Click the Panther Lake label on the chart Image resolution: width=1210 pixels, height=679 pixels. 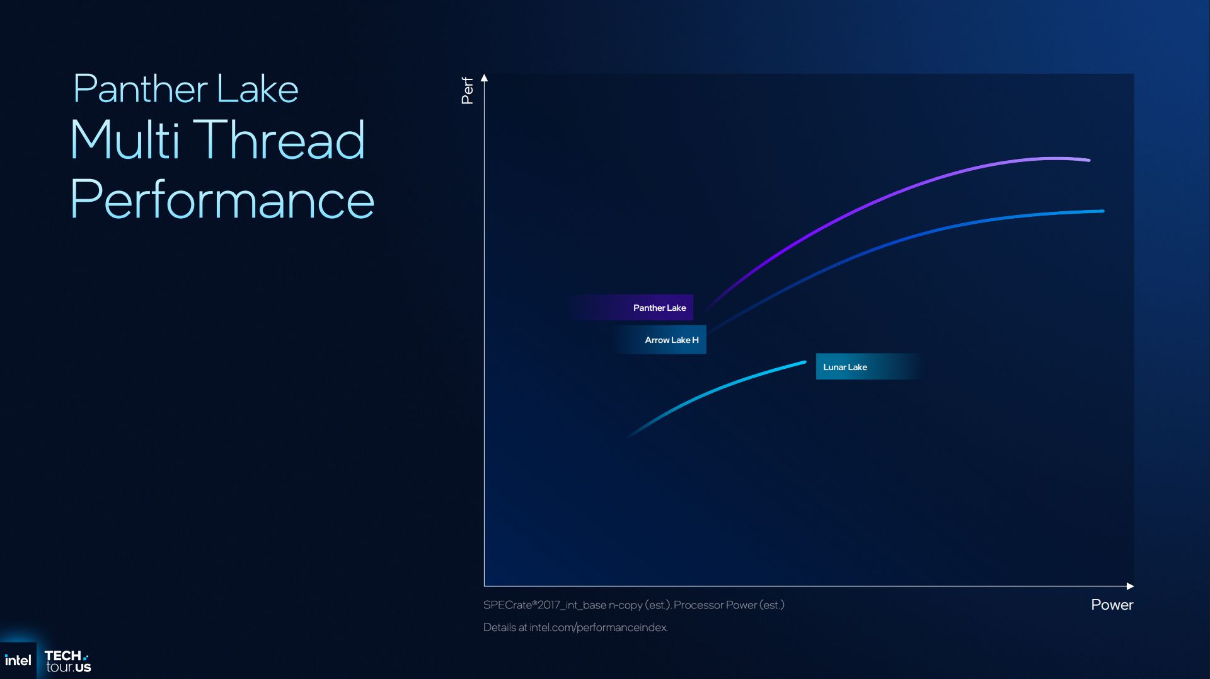point(659,308)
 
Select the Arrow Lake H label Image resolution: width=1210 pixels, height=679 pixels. point(672,340)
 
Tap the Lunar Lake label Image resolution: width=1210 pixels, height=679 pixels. point(845,367)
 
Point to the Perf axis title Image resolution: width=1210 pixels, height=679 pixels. point(467,91)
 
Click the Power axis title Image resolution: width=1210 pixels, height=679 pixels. point(1112,605)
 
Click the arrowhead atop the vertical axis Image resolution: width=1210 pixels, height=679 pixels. point(484,78)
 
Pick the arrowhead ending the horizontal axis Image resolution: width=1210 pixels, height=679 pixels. point(1130,586)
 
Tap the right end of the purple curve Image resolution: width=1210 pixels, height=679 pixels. point(1089,160)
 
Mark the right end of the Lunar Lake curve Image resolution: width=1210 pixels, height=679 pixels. point(805,362)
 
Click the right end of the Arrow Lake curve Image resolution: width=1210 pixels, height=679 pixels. point(1103,211)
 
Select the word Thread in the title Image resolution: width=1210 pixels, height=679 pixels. point(282,139)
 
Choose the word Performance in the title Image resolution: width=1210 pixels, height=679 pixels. point(222,199)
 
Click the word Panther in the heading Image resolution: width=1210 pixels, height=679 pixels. point(141,88)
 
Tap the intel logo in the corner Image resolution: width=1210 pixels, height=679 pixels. point(18,661)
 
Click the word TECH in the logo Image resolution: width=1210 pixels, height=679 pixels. point(63,656)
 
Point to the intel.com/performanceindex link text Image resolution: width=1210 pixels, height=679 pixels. point(598,627)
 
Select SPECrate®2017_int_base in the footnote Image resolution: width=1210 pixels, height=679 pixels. point(544,605)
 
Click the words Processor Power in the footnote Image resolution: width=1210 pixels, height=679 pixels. point(715,605)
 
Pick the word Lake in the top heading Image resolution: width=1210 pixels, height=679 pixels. point(257,88)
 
